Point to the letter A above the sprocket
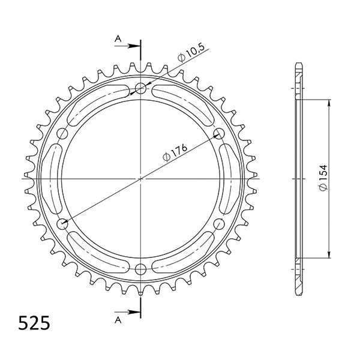pos(119,38)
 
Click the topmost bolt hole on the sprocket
pos(140,89)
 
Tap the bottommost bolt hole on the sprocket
pos(140,268)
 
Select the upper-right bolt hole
pos(218,133)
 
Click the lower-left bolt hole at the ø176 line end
pos(63,224)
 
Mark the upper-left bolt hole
pos(63,133)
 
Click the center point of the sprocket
pos(140,178)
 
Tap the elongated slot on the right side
pos(231,178)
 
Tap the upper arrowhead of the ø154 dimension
pos(328,103)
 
